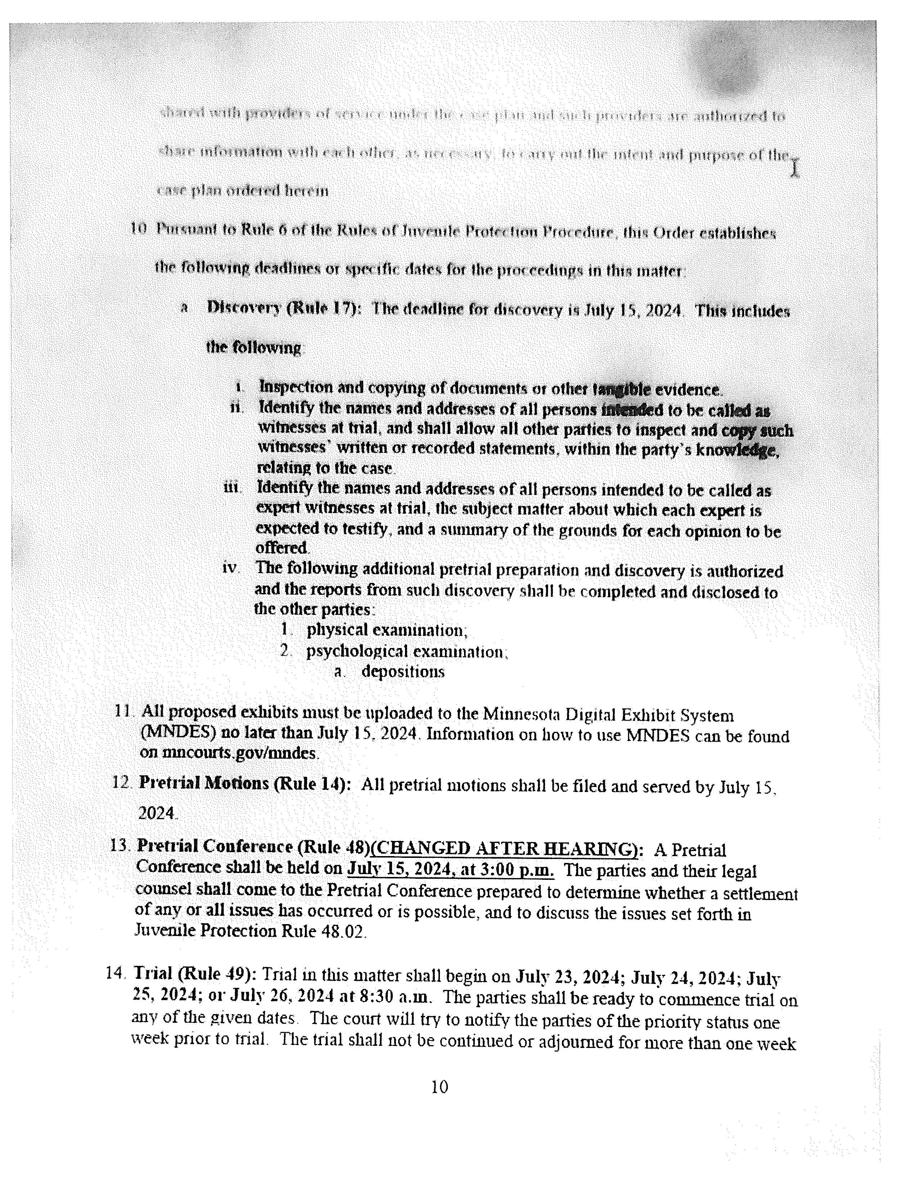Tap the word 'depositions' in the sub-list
tap(403, 672)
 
